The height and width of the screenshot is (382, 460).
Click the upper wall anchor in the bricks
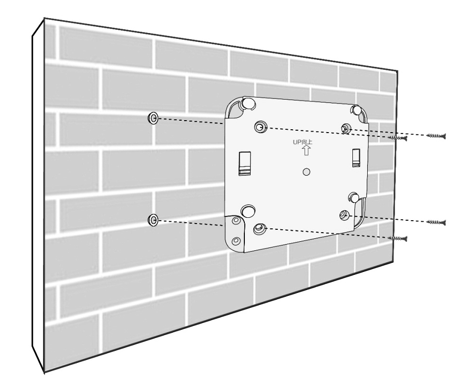[153, 118]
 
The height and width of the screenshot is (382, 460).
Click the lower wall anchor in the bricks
[153, 220]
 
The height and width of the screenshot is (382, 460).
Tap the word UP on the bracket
[297, 142]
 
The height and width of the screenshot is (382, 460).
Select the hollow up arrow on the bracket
[307, 150]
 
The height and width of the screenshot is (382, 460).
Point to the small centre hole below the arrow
[307, 172]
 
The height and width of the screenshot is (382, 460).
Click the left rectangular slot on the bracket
[245, 164]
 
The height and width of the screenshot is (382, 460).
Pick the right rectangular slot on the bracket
[356, 158]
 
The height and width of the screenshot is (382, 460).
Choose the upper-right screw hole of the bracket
[346, 128]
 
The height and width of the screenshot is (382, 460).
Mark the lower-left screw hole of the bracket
[259, 228]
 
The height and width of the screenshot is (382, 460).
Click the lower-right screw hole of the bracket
[344, 215]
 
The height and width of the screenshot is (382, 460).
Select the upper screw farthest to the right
[436, 135]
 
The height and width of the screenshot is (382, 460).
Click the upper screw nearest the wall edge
[397, 138]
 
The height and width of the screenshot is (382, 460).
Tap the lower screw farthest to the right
[436, 222]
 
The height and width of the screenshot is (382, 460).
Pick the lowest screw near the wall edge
[397, 238]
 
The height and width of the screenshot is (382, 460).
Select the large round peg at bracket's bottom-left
[248, 211]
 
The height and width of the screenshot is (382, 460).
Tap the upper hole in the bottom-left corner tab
[236, 220]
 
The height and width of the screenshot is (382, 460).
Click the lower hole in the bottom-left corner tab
[236, 241]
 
